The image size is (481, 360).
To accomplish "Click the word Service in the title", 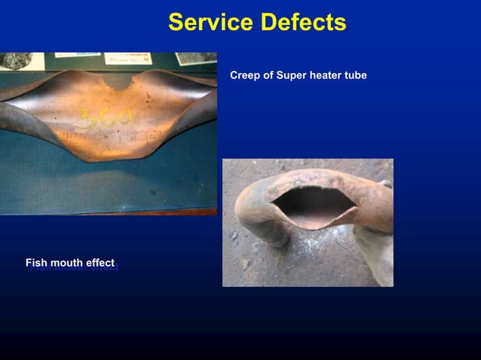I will (210, 23).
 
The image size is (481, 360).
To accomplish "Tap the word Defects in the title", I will (302, 23).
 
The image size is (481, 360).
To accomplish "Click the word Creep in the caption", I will (244, 75).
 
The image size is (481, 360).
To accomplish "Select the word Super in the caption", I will (291, 75).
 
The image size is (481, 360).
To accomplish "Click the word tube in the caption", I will (357, 75).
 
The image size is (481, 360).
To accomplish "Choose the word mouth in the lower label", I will (66, 263).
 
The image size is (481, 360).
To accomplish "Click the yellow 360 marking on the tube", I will (106, 120).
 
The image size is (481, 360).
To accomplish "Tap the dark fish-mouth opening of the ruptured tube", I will (309, 206).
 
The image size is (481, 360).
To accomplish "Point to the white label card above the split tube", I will (127, 58).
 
